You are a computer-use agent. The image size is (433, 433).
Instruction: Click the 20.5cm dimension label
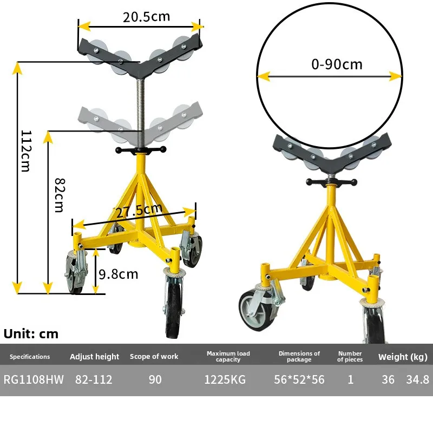146,17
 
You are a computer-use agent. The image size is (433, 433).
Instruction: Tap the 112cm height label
26,151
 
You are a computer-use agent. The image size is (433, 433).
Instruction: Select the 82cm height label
60,195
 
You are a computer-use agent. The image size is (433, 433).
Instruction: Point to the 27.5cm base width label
139,211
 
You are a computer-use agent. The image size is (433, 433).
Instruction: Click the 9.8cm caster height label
119,274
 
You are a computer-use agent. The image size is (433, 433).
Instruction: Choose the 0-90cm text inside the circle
337,64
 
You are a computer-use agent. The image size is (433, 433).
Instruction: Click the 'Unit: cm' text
31,334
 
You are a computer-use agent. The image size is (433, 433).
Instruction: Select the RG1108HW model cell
34,379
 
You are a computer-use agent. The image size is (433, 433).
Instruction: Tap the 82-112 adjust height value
94,379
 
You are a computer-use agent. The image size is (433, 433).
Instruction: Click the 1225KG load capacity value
225,379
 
